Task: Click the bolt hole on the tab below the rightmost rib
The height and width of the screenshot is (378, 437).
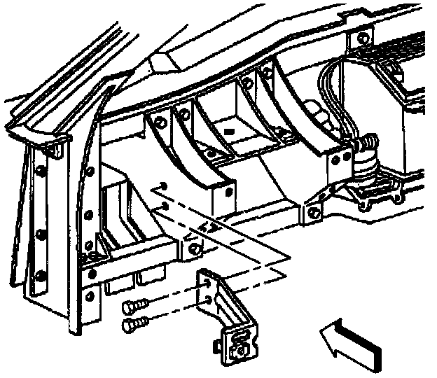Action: coord(312,211)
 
